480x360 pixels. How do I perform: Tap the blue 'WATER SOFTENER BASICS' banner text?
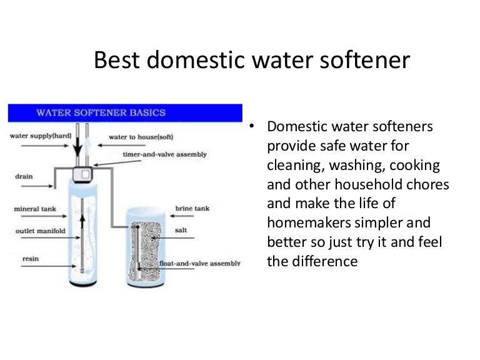click(101, 113)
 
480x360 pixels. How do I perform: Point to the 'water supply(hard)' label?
click(38, 136)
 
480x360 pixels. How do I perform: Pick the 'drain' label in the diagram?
click(24, 176)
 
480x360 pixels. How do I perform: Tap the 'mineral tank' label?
click(36, 209)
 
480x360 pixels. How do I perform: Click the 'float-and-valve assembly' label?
click(199, 263)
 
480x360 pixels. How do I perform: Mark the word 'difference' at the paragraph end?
click(324, 261)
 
